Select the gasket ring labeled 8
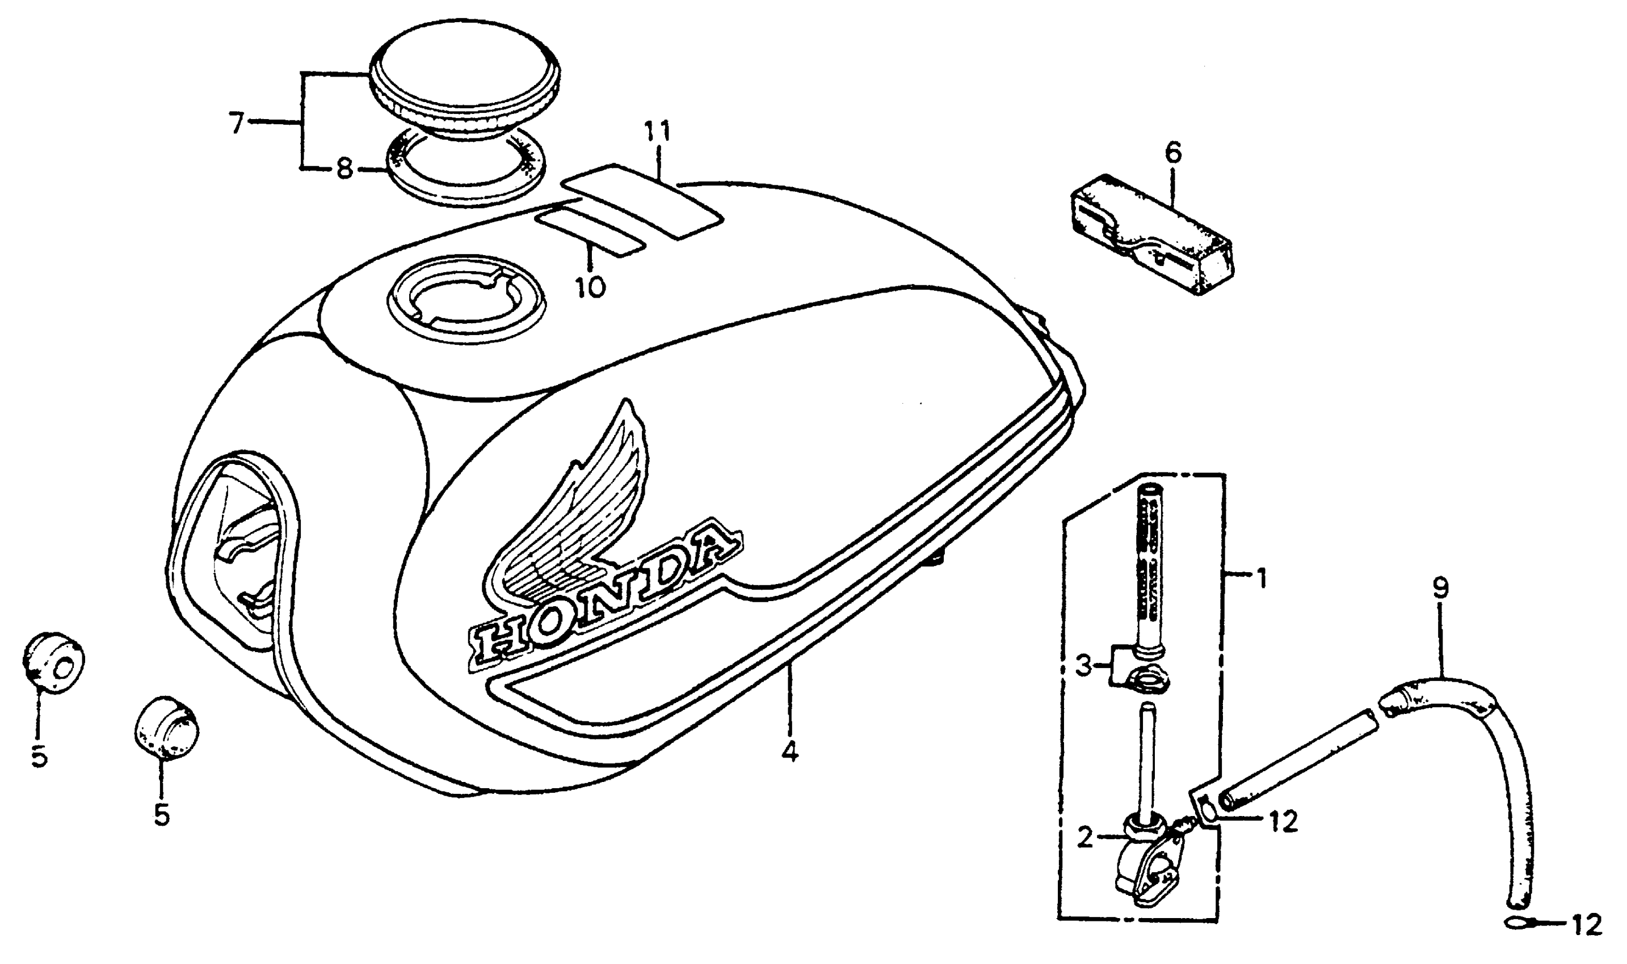click(466, 174)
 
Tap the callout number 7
click(237, 123)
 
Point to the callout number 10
click(590, 286)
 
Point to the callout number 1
click(1261, 577)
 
